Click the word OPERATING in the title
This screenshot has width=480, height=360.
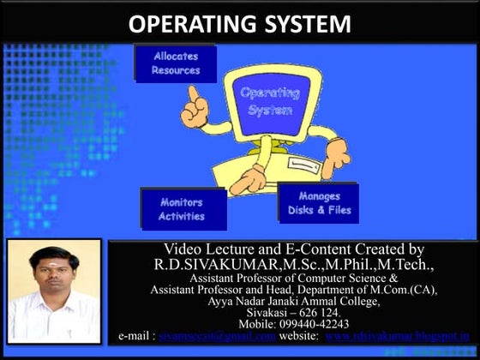pyautogui.click(x=183, y=23)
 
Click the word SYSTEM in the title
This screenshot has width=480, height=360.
pyautogui.click(x=299, y=23)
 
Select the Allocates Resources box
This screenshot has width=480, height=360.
pyautogui.click(x=176, y=63)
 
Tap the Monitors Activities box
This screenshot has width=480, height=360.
pyautogui.click(x=182, y=209)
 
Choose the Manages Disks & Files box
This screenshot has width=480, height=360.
pyautogui.click(x=319, y=203)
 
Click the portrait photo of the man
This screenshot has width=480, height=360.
pyautogui.click(x=54, y=291)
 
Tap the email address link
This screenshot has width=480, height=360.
pyautogui.click(x=218, y=336)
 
